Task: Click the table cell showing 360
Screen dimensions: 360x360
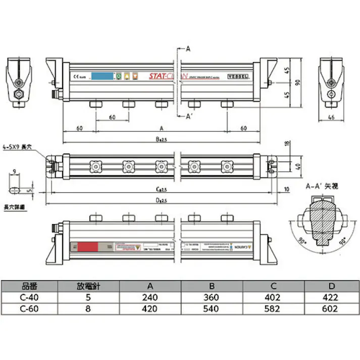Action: point(212,297)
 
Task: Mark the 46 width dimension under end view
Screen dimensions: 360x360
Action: point(332,117)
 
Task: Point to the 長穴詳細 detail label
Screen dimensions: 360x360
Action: point(15,208)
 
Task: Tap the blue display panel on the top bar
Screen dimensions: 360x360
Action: point(102,77)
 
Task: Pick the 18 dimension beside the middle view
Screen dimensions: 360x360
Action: point(287,144)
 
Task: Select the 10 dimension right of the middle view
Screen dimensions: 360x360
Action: point(286,189)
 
